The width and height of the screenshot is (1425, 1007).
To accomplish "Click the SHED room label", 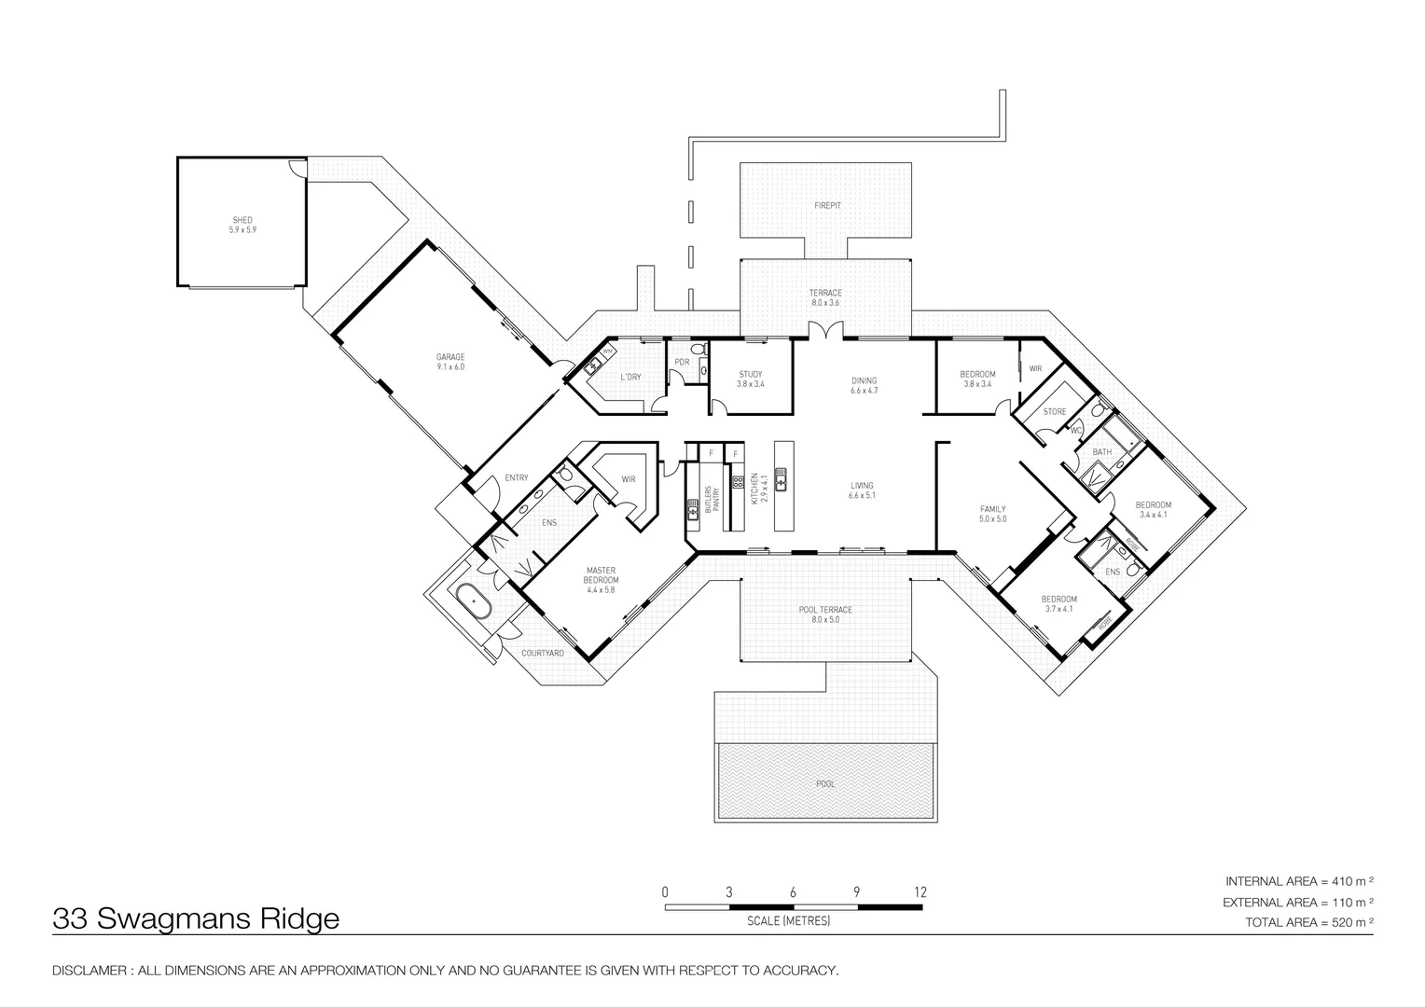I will [242, 225].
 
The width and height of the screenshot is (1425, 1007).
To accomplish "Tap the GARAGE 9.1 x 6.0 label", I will [450, 362].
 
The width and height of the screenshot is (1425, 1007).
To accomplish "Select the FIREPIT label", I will [826, 204].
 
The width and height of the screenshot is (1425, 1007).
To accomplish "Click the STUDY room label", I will [751, 379].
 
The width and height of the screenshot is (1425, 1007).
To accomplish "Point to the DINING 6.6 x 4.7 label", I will [864, 385].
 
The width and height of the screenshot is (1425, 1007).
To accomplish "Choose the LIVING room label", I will [861, 490].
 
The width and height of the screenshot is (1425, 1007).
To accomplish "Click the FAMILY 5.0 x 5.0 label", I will [992, 514].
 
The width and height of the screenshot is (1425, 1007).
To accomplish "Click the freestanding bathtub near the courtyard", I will [475, 601].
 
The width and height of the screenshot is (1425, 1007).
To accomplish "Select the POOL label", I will [825, 784].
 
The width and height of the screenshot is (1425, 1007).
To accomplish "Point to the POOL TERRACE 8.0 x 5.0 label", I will [825, 614].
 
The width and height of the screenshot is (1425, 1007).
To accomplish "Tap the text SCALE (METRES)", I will [788, 921].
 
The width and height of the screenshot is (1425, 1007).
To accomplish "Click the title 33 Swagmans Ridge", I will [196, 919].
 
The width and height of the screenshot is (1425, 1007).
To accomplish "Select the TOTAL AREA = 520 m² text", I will [1309, 922].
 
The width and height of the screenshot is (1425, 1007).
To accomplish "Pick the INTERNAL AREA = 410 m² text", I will [1300, 881].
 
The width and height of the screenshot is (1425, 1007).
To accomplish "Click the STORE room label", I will [1054, 411].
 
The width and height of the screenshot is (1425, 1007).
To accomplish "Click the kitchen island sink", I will [782, 481].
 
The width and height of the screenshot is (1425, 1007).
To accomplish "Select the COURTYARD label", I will [542, 654].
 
